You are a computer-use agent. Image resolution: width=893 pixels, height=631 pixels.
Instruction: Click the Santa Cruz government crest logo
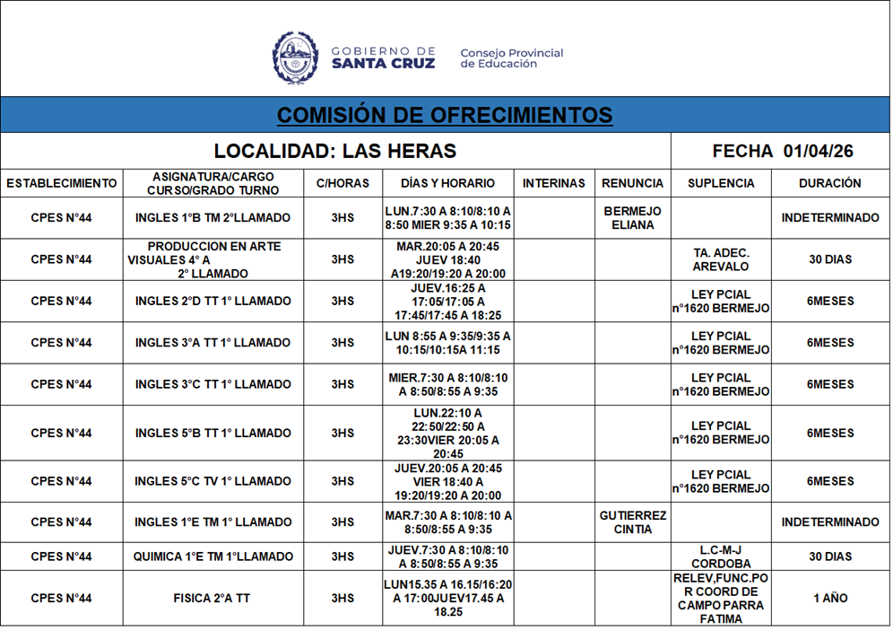coord(295,58)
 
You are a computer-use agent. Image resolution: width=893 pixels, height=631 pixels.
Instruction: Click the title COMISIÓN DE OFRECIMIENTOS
coord(445,116)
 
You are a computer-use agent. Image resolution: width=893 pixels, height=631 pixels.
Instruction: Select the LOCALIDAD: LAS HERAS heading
coord(335,151)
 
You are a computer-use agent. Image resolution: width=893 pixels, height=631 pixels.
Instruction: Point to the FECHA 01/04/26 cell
coord(782,151)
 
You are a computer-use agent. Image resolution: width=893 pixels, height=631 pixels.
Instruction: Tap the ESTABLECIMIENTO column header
coord(62,183)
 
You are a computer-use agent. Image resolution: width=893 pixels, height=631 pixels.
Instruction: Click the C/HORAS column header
coord(342,183)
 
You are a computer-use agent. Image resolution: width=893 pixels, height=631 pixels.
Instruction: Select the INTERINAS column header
coord(553,183)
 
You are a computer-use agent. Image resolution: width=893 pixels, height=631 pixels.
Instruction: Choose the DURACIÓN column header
coord(829,183)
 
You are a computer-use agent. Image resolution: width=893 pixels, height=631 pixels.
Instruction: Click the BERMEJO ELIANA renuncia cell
coord(632,218)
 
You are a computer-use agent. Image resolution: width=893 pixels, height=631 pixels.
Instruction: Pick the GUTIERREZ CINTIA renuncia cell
coord(632,522)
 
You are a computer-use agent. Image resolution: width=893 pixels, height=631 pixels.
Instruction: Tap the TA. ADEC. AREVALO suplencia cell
coord(721,259)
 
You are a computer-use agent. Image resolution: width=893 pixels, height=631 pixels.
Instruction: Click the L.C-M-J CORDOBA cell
coord(721,557)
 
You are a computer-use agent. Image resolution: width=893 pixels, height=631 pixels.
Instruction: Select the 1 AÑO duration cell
coord(829,598)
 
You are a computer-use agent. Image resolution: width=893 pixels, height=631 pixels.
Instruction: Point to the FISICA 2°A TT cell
coord(212,598)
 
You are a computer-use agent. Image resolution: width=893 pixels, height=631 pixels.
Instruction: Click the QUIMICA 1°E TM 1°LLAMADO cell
coord(212,557)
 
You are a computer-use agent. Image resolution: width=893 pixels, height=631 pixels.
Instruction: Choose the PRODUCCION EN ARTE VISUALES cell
coord(212,259)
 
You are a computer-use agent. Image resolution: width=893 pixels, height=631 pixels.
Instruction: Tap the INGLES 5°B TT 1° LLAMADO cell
coord(212,434)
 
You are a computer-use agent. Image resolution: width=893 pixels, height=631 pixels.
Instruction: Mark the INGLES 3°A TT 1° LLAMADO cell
coord(212,343)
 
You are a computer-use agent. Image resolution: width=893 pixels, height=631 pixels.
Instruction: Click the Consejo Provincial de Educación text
coord(511,58)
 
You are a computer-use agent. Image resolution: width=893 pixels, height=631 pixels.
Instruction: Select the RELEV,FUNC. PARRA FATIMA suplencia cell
coord(721,598)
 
